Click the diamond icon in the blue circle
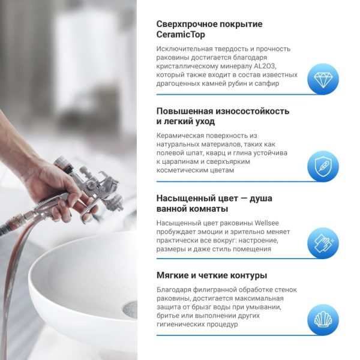point(323,79)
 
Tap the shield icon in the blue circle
point(323,166)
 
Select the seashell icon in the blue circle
point(323,319)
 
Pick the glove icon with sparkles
point(323,242)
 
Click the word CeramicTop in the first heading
point(181,35)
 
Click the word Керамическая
point(182,136)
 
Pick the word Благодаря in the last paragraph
point(175,290)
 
